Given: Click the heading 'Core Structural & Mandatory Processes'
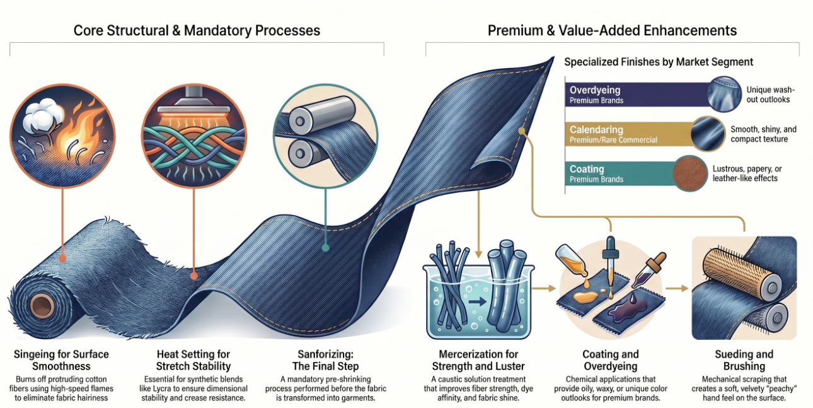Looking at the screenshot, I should (x=197, y=30).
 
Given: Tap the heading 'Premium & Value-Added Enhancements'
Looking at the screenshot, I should (x=612, y=30).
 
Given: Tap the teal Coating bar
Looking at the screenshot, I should (x=618, y=173).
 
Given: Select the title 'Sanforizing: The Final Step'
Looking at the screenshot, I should (x=328, y=360).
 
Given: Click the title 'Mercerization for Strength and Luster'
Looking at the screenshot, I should (x=478, y=360).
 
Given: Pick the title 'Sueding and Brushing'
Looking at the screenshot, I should (x=744, y=360).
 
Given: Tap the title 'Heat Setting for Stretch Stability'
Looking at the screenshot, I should (x=193, y=360).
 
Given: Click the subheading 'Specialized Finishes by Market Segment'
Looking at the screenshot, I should (x=659, y=62).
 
